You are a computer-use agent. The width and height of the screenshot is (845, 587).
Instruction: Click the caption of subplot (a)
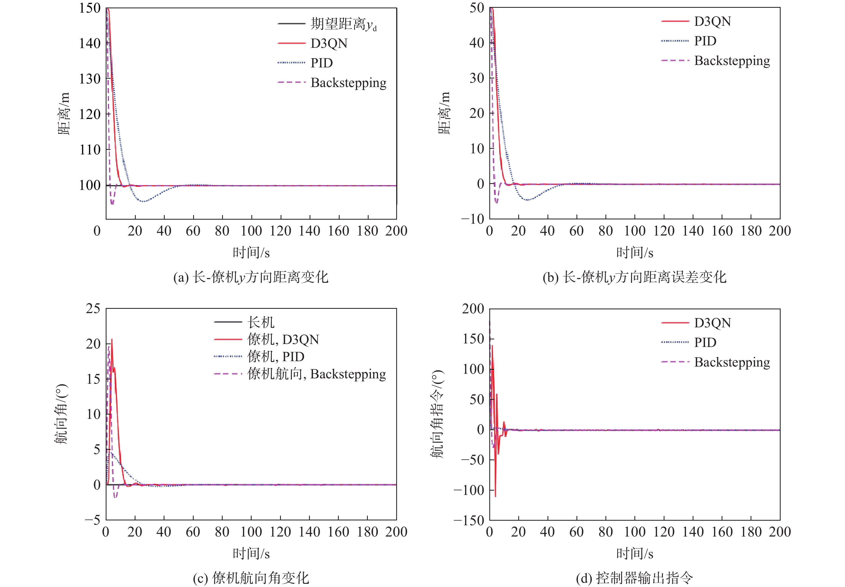point(251,277)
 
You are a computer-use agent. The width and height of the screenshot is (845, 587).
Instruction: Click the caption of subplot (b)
point(634,277)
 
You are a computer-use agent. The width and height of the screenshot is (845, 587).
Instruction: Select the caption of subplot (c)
point(251,578)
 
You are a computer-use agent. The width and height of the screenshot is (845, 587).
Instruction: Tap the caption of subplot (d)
point(634,578)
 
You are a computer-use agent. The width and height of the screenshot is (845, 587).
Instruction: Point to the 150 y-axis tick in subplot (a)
point(90,8)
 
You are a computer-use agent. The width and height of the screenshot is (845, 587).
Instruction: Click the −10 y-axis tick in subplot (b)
point(473,219)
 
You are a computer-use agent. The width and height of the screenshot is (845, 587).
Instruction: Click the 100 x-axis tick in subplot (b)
point(634,231)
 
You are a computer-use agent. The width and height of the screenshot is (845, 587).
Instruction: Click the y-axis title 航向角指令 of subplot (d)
point(437,414)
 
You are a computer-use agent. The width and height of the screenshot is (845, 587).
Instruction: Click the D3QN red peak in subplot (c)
point(112,339)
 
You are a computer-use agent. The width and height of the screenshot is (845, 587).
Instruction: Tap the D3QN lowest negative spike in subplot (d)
point(495,497)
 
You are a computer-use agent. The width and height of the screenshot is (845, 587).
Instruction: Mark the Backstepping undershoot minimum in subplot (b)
point(497,203)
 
